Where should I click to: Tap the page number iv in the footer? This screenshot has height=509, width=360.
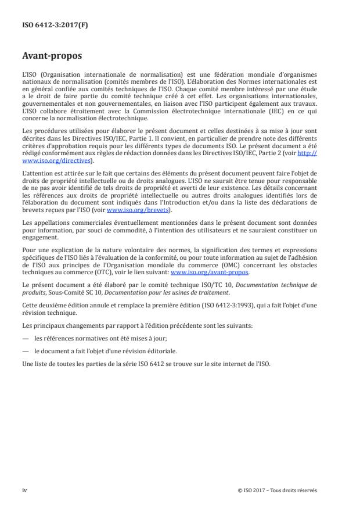[25, 490]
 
